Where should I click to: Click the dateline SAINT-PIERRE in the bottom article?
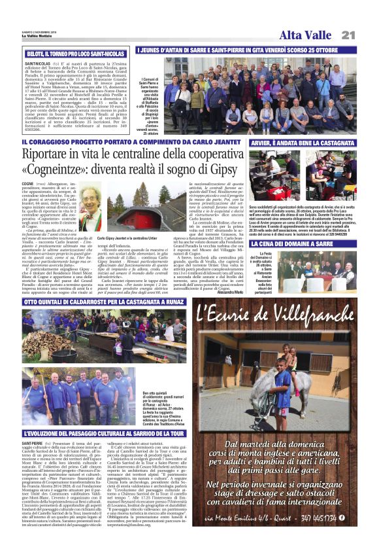click(33, 442)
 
